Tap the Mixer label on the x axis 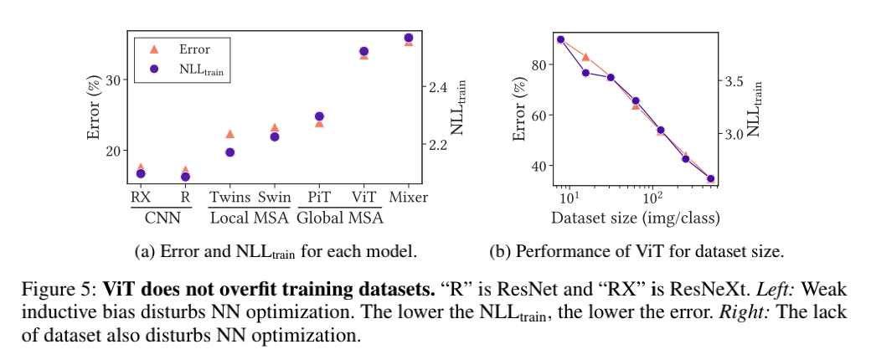(x=409, y=198)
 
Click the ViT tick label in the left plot (x=363, y=198)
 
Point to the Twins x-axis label (x=229, y=198)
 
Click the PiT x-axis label (x=319, y=198)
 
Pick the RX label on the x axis (x=140, y=198)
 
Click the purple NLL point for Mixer (x=409, y=39)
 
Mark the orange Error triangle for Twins (x=229, y=134)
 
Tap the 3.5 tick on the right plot (x=734, y=81)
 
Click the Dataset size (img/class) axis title (x=636, y=219)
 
